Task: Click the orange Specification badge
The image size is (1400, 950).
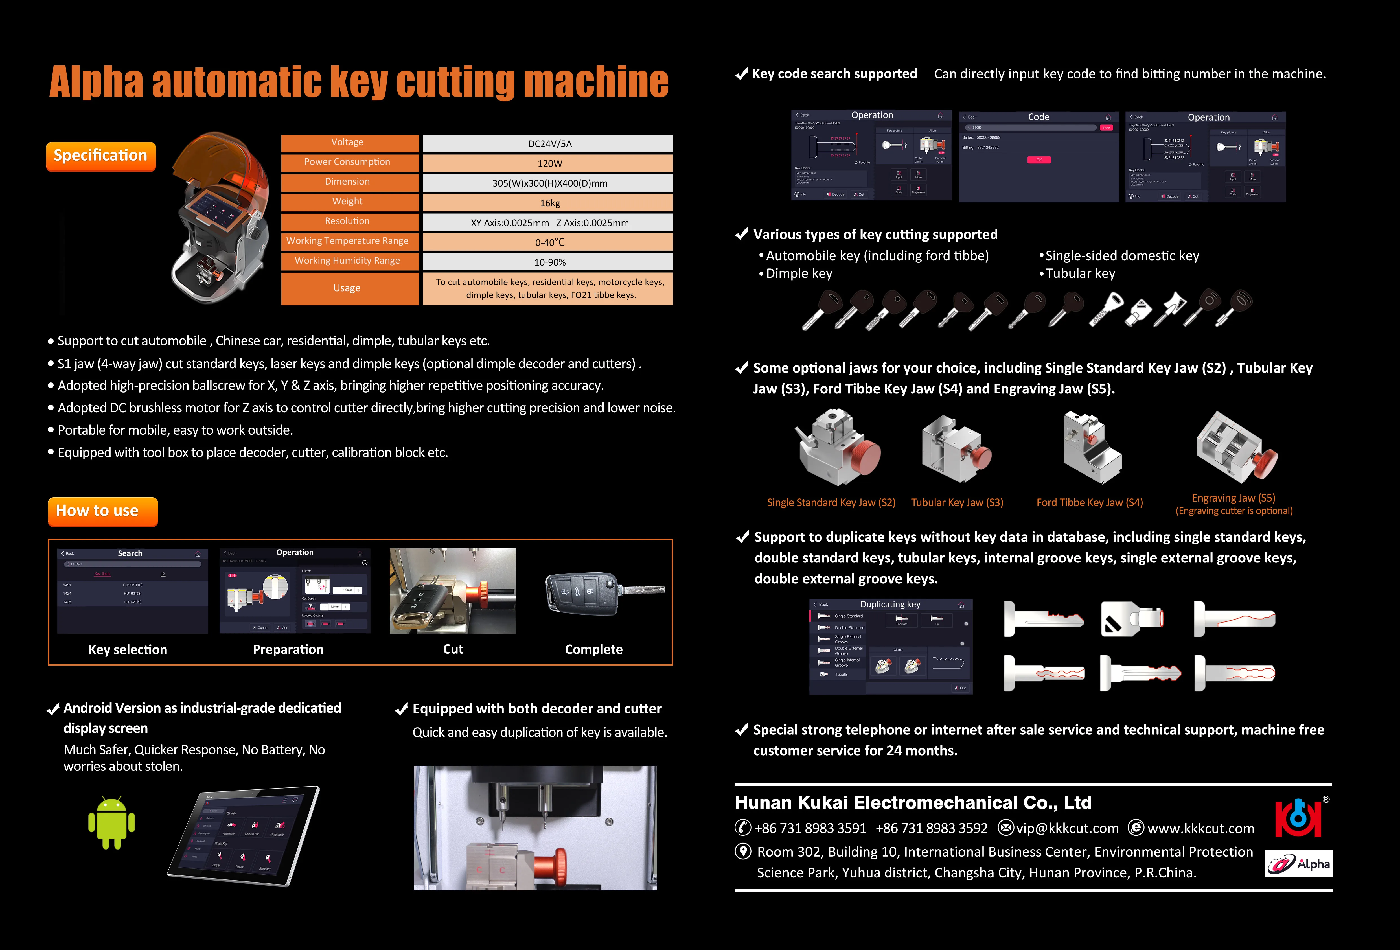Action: point(100,156)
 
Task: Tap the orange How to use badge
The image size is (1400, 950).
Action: point(102,511)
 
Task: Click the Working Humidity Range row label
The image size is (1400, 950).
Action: point(348,261)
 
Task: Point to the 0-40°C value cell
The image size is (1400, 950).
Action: point(547,242)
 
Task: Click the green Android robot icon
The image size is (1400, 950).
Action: point(111,823)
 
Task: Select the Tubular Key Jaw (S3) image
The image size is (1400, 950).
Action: point(956,449)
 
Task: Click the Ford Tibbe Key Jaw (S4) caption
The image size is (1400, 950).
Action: point(1089,502)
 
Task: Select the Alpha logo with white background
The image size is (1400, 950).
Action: point(1298,864)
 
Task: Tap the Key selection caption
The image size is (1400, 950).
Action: point(128,649)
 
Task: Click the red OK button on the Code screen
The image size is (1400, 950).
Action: point(1039,160)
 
